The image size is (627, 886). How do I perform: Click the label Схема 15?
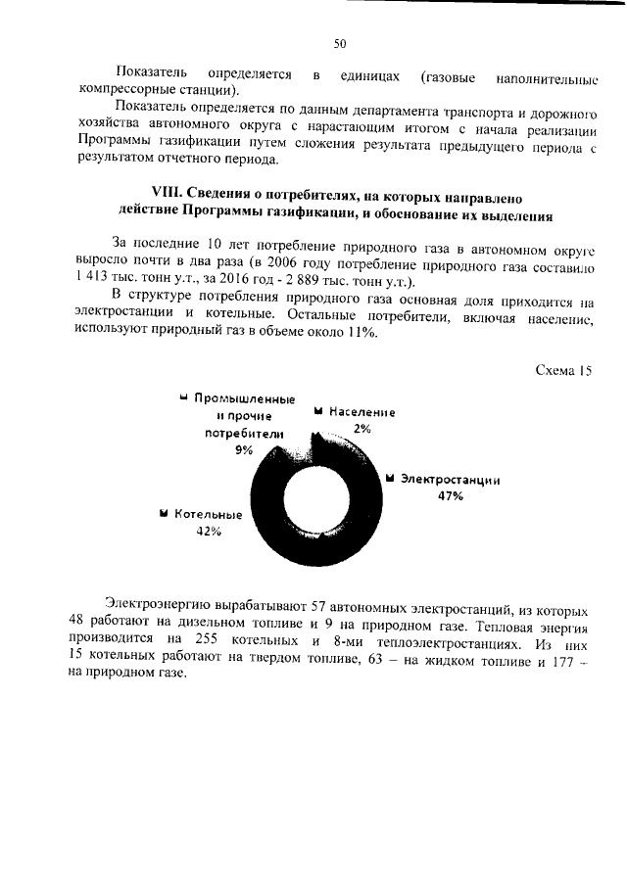(565, 370)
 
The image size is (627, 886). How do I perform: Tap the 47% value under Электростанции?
(450, 496)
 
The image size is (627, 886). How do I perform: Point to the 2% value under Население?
(362, 429)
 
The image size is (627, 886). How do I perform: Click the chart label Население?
(362, 413)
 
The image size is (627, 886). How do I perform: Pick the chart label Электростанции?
(450, 480)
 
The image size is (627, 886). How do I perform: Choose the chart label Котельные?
(209, 514)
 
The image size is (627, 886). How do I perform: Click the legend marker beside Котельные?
(163, 513)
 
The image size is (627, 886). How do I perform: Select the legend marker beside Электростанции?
(389, 479)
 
